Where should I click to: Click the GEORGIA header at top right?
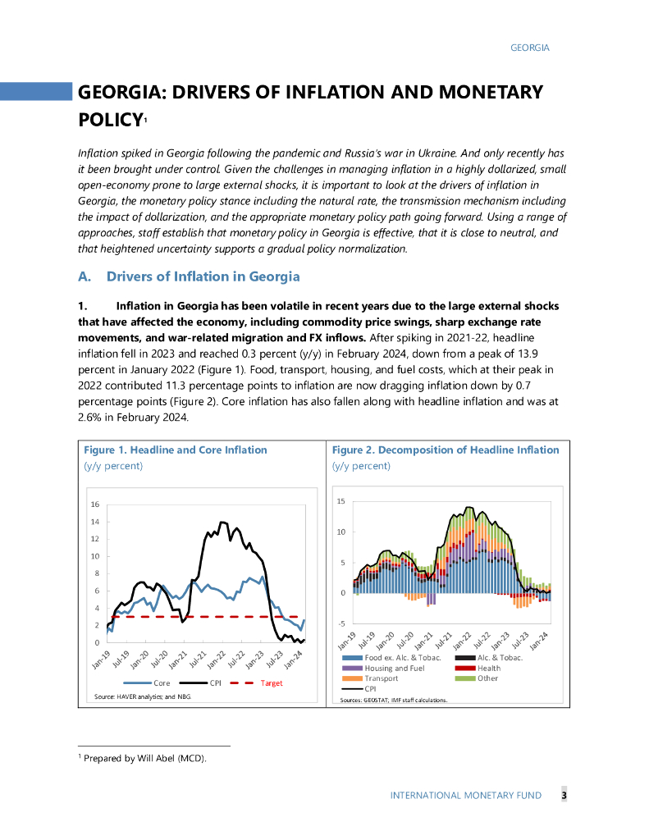click(529, 48)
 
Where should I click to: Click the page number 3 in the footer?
click(564, 795)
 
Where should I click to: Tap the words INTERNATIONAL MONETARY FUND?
click(470, 796)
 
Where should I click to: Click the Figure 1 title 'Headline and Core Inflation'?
click(176, 450)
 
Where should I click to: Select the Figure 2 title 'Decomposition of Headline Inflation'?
click(446, 450)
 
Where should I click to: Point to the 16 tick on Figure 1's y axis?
click(95, 504)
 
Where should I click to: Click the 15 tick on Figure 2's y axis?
click(341, 501)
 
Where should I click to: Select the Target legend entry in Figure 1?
click(271, 682)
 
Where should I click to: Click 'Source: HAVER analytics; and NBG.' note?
click(143, 696)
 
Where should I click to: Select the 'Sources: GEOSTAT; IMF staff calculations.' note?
click(395, 700)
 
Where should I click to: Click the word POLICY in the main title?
click(110, 120)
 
